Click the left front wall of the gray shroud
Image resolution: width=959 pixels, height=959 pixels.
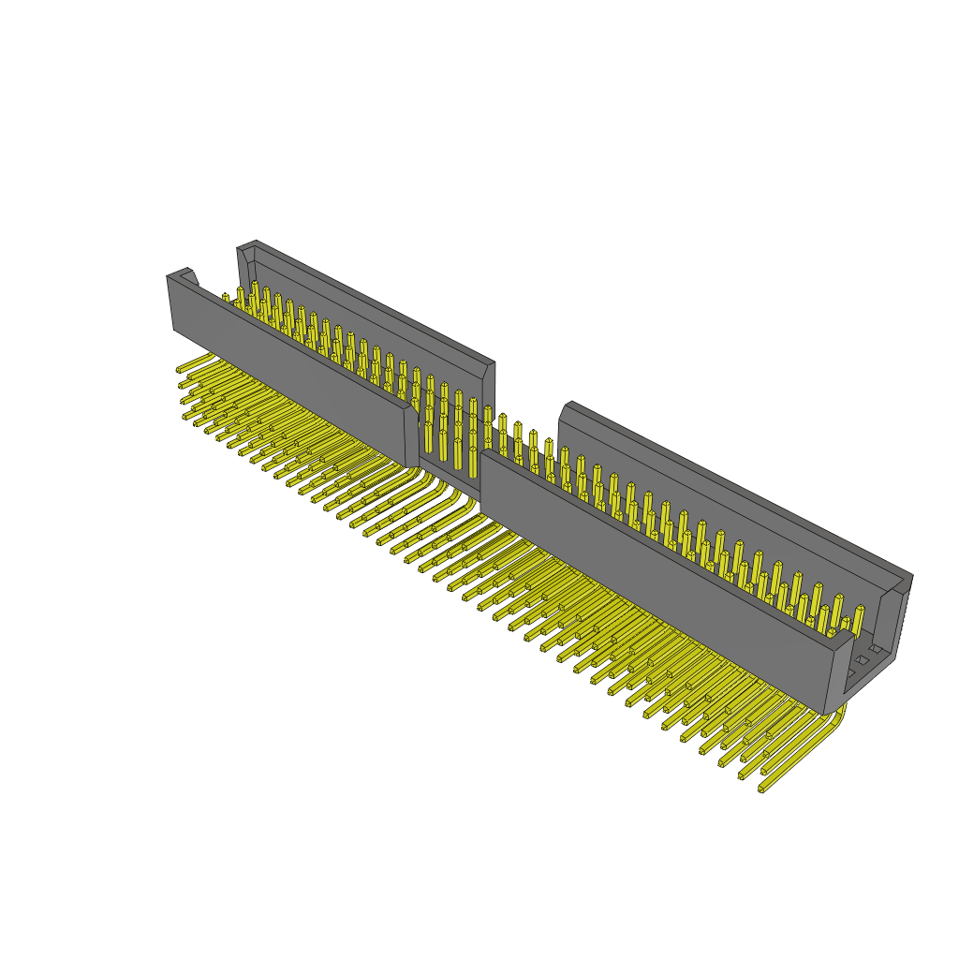pyautogui.click(x=290, y=375)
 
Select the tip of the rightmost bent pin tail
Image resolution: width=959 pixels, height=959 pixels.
pyautogui.click(x=762, y=789)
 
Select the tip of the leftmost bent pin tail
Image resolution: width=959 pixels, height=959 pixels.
pyautogui.click(x=180, y=370)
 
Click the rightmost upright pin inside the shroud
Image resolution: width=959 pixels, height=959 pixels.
pyautogui.click(x=858, y=619)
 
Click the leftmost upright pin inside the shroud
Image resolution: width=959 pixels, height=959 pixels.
pyautogui.click(x=226, y=299)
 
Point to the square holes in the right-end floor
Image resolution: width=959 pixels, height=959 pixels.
pyautogui.click(x=862, y=660)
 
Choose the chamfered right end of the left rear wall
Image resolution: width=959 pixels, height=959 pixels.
pyautogui.click(x=488, y=370)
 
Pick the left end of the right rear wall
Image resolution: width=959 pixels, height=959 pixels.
pyautogui.click(x=565, y=412)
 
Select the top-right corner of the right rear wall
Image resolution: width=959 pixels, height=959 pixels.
pyautogui.click(x=908, y=577)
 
